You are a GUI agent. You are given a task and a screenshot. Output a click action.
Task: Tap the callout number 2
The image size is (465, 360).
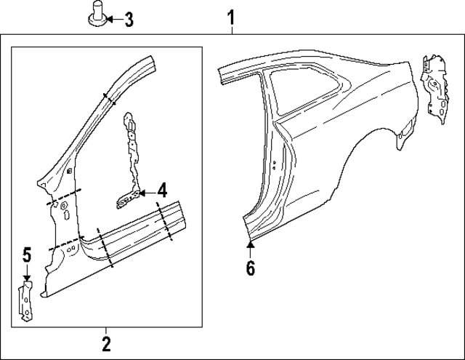click(x=106, y=343)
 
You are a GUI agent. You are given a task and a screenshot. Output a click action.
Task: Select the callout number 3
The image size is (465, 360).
click(x=128, y=20)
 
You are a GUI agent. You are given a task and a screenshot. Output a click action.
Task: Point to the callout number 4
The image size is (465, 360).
click(x=162, y=192)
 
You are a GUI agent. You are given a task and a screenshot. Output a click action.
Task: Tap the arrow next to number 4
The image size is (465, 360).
click(x=145, y=193)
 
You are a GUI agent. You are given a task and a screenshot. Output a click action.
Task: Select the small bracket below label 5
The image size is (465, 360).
click(x=27, y=302)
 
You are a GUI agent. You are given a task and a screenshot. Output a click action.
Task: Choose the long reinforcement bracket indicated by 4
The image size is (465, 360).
click(x=132, y=156)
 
